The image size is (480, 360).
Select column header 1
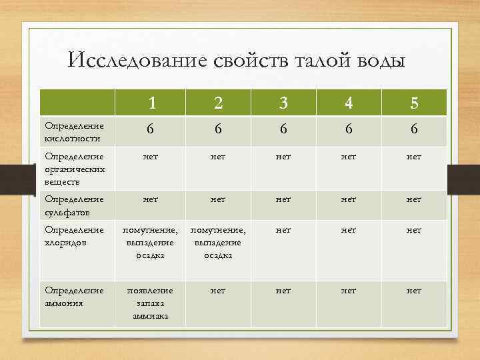tap(153, 103)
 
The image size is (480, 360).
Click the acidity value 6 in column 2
tap(218, 131)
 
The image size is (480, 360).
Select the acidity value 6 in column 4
tap(349, 131)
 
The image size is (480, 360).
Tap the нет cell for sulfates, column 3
tap(283, 199)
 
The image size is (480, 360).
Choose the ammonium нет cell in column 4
tap(349, 291)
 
